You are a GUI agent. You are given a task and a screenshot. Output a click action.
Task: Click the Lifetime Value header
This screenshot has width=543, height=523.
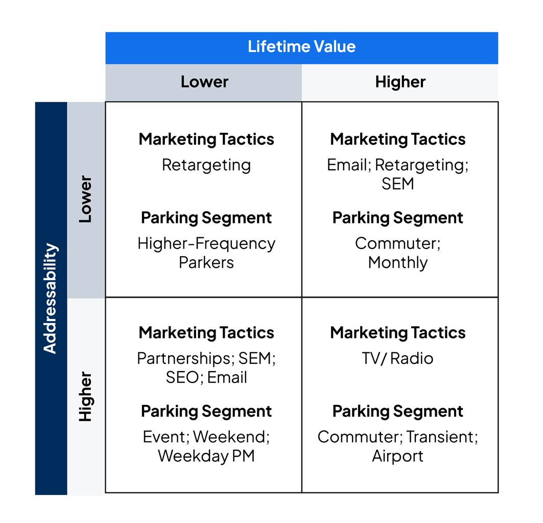click(301, 47)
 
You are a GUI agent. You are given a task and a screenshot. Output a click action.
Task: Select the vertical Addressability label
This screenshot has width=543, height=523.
click(50, 299)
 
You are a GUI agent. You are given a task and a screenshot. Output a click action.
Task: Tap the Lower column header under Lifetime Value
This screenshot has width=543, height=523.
click(204, 82)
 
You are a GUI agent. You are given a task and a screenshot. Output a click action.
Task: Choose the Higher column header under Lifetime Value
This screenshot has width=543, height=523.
click(400, 82)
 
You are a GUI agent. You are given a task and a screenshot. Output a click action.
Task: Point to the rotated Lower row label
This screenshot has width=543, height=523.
click(85, 199)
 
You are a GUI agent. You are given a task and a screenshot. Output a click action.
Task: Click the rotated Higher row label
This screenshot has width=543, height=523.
click(85, 397)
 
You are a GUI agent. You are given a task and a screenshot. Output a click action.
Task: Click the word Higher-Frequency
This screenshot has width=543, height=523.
click(206, 243)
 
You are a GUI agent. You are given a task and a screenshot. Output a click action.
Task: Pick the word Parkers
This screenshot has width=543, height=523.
click(206, 262)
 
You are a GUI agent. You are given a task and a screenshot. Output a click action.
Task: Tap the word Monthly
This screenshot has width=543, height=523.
click(397, 262)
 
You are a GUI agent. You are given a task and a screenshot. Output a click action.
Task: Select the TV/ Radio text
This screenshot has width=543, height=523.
click(397, 358)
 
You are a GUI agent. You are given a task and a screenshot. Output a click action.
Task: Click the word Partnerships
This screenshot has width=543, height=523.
click(185, 358)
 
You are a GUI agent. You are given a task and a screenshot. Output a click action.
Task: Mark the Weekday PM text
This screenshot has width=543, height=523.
click(206, 456)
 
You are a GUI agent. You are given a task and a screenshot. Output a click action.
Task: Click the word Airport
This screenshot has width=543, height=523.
click(397, 456)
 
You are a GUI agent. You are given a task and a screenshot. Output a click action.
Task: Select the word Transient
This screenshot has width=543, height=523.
click(442, 437)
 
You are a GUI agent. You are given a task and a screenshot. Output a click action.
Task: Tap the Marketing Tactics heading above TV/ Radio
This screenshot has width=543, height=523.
click(397, 333)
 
